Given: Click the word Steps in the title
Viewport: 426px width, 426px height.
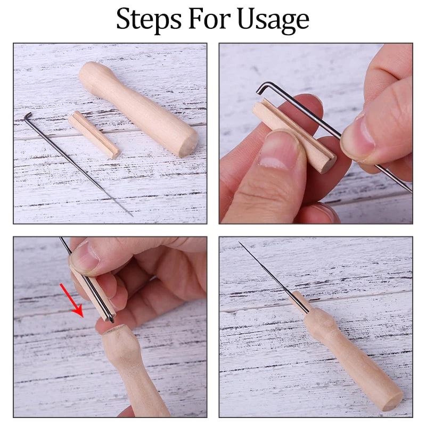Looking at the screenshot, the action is (x=149, y=19).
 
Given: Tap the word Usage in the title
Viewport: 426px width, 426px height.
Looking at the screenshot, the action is (x=273, y=20).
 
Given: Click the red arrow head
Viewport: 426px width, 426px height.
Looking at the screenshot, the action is (x=78, y=311).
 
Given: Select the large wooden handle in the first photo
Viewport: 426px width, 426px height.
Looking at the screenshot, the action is (x=138, y=109).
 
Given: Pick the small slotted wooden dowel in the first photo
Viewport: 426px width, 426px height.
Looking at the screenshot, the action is (x=94, y=135).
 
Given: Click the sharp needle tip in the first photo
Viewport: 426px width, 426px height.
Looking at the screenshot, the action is (x=132, y=216).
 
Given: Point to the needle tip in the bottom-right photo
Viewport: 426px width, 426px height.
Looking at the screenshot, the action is (x=240, y=242).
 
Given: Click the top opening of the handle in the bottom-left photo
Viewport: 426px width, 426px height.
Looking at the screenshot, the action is (x=112, y=330).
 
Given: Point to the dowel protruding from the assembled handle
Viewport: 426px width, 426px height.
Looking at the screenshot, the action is (x=298, y=302).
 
